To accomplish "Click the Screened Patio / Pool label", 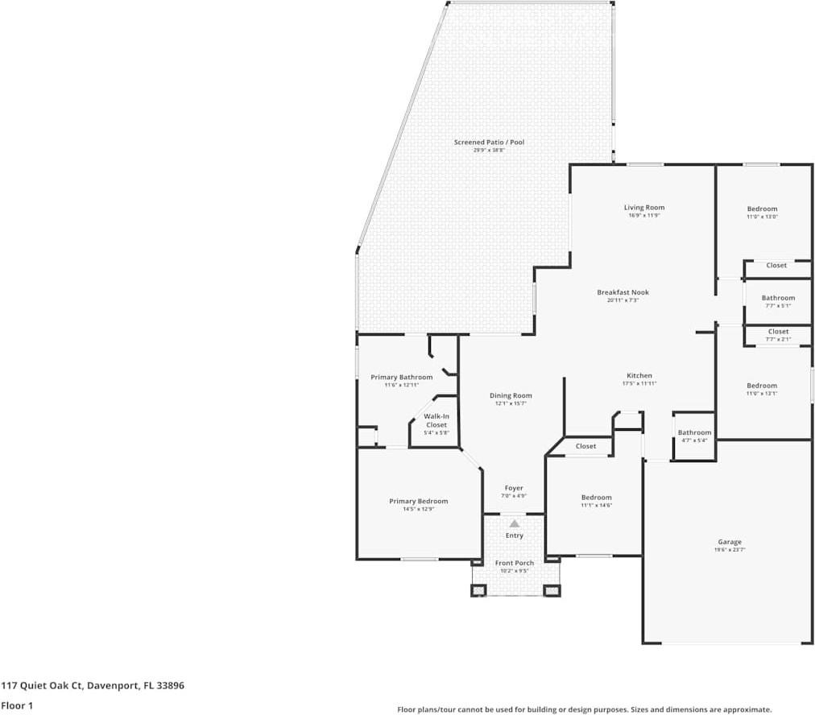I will [x=489, y=143].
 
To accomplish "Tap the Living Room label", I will [x=644, y=208].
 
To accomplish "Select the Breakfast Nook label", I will [x=623, y=292].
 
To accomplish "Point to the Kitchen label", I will [x=639, y=376].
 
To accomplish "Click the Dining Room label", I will [x=511, y=395].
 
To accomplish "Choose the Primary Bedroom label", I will [x=418, y=502].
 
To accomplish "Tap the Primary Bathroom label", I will [x=401, y=377].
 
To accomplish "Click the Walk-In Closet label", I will [x=436, y=420].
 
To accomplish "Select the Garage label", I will [x=730, y=542].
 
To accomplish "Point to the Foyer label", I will [x=514, y=488].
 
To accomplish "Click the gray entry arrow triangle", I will [x=514, y=523].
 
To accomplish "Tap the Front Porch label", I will [x=514, y=563].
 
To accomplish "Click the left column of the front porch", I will [x=478, y=590].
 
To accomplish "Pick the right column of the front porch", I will [x=552, y=590].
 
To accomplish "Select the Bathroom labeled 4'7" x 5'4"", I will [x=694, y=432].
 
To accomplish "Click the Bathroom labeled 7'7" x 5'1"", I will [x=778, y=298].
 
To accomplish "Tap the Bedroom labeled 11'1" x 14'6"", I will [x=596, y=498].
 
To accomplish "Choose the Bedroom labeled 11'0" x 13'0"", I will [x=762, y=209].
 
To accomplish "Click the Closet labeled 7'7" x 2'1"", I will [x=778, y=332].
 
